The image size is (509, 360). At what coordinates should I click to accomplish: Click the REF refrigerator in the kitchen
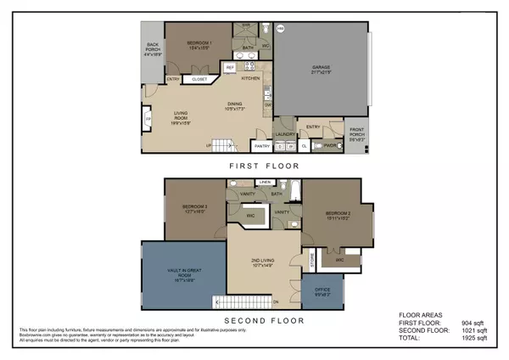[229, 67]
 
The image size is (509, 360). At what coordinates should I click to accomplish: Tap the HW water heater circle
[281, 27]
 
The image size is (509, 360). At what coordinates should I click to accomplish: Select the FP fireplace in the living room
[148, 121]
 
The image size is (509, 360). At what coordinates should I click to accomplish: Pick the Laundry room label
[285, 132]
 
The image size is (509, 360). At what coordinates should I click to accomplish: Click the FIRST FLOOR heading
[254, 167]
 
